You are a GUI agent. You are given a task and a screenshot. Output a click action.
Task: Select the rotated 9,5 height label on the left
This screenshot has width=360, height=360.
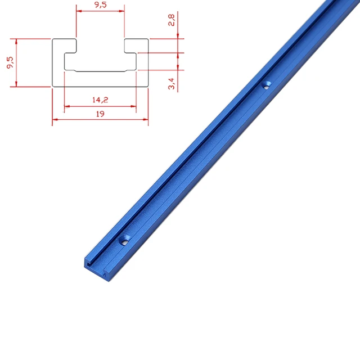pyautogui.click(x=10, y=63)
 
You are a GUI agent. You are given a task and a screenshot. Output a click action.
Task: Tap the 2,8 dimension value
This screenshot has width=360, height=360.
pyautogui.click(x=172, y=21)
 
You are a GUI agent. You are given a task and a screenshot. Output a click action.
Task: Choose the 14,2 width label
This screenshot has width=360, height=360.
pyautogui.click(x=100, y=100)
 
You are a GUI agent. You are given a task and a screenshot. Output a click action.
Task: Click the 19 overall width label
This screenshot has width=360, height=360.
pyautogui.click(x=100, y=114)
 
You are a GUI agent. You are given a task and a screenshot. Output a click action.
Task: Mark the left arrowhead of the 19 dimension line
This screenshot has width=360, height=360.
pyautogui.click(x=55, y=119)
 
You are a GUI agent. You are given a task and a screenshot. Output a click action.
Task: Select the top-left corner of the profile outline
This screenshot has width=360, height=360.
pyautogui.click(x=53, y=39)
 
